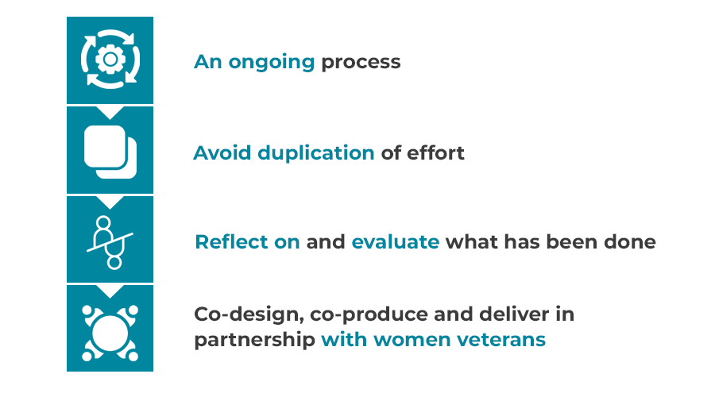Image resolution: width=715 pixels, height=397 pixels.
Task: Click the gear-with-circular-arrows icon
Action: pos(110,59)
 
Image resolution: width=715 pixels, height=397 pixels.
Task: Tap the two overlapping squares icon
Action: pos(110,152)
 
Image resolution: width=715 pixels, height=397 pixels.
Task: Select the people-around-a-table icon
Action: pos(110,333)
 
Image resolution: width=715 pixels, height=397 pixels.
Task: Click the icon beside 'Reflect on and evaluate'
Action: pos(110,242)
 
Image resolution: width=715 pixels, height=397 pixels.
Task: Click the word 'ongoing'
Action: pos(272,63)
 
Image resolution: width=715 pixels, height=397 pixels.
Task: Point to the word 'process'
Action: pos(361,63)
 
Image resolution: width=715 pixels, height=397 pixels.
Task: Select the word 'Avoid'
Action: pos(222,152)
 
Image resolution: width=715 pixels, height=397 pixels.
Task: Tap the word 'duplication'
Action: pos(316,152)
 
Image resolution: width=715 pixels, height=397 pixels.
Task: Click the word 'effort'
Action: pos(435,152)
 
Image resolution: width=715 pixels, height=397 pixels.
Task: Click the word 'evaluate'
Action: pos(396,241)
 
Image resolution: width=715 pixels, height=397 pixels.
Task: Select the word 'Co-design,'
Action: pos(249,314)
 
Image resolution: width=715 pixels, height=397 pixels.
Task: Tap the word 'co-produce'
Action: pos(369,315)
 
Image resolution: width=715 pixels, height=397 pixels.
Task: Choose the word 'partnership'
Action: pos(254,340)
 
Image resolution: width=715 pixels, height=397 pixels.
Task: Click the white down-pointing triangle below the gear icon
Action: pos(110,113)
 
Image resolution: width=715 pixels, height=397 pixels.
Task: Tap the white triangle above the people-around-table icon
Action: pos(110,291)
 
